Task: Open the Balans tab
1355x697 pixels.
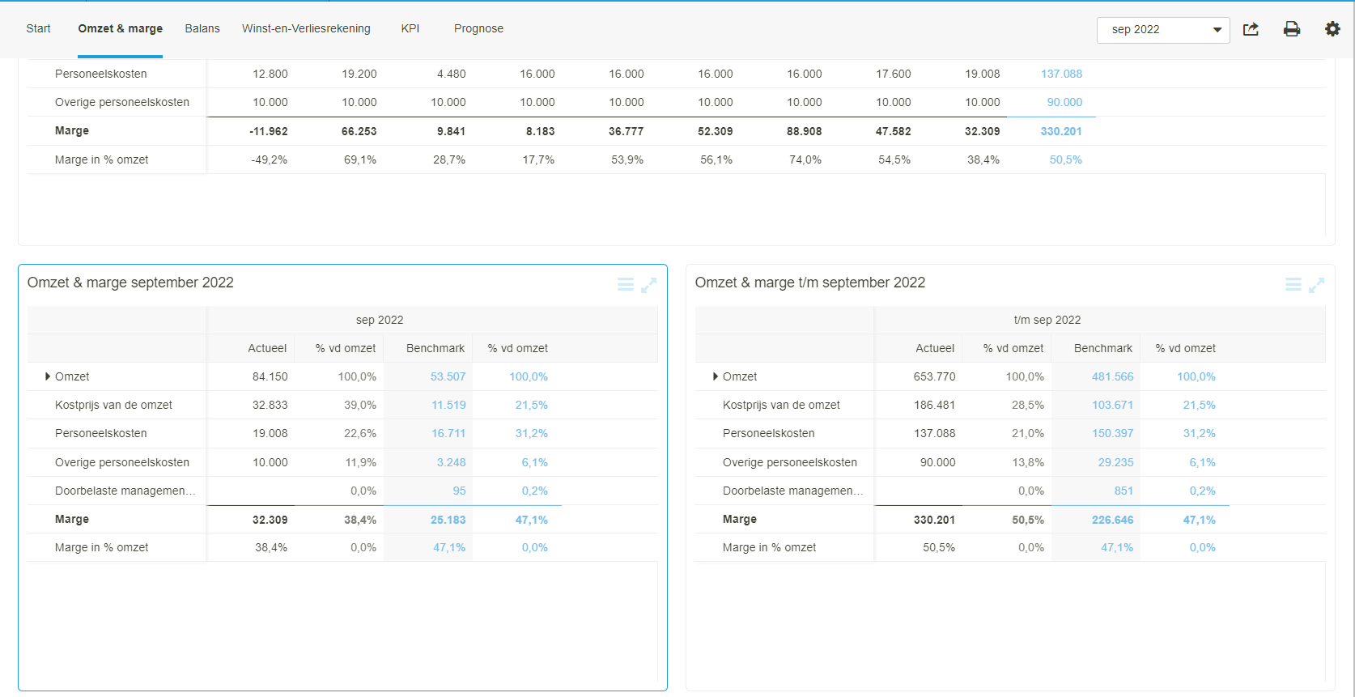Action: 202,28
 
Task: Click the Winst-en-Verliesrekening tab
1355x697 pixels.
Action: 306,28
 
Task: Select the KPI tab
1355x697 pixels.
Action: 410,28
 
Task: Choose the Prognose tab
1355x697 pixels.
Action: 478,28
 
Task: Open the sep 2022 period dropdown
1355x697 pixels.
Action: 1162,30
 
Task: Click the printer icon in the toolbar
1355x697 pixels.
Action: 1292,29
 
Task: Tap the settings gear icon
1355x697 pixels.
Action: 1332,29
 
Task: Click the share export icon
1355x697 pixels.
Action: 1251,29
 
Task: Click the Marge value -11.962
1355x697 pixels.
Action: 268,131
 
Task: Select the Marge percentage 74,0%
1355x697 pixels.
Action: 805,159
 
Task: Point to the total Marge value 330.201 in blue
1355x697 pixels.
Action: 1061,131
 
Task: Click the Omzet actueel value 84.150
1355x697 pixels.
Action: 270,376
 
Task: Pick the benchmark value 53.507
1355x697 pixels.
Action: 448,376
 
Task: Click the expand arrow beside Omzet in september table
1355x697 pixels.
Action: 48,376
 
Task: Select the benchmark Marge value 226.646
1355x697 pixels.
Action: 1112,520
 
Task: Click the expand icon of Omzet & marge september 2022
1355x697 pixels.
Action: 648,285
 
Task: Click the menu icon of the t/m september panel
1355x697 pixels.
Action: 1293,285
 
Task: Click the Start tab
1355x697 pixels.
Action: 38,28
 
